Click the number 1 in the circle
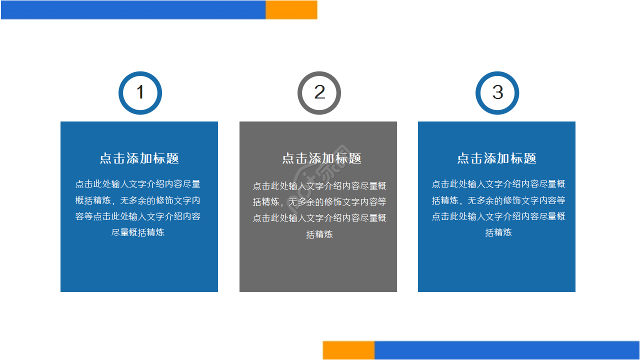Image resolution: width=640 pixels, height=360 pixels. point(140,92)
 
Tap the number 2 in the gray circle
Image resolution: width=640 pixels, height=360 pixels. point(319,92)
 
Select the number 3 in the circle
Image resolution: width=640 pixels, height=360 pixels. point(497,92)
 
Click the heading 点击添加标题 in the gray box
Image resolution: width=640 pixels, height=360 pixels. point(321,158)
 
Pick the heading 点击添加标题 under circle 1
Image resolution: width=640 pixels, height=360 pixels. point(139,158)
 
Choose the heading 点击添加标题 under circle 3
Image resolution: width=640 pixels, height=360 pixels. point(496,158)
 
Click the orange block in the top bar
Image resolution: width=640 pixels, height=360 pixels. point(291,10)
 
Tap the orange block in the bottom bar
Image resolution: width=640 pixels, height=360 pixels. point(348,350)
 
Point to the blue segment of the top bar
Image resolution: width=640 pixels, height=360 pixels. point(133,10)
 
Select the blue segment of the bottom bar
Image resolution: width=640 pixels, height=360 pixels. point(506,350)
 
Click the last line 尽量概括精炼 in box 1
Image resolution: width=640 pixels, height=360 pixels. point(138,232)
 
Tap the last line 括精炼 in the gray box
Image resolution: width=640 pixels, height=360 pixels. point(319,234)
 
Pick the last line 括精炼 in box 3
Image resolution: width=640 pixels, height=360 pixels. point(498,232)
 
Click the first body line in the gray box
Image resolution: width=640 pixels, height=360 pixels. point(319,186)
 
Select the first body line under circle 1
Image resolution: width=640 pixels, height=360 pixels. point(138,184)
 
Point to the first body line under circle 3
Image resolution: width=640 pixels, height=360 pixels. point(498,184)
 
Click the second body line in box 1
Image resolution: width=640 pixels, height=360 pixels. point(138,200)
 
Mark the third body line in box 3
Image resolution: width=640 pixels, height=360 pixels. point(498,216)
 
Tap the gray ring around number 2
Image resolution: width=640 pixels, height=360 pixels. point(300,93)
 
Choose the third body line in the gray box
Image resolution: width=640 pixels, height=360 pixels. point(319,218)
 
